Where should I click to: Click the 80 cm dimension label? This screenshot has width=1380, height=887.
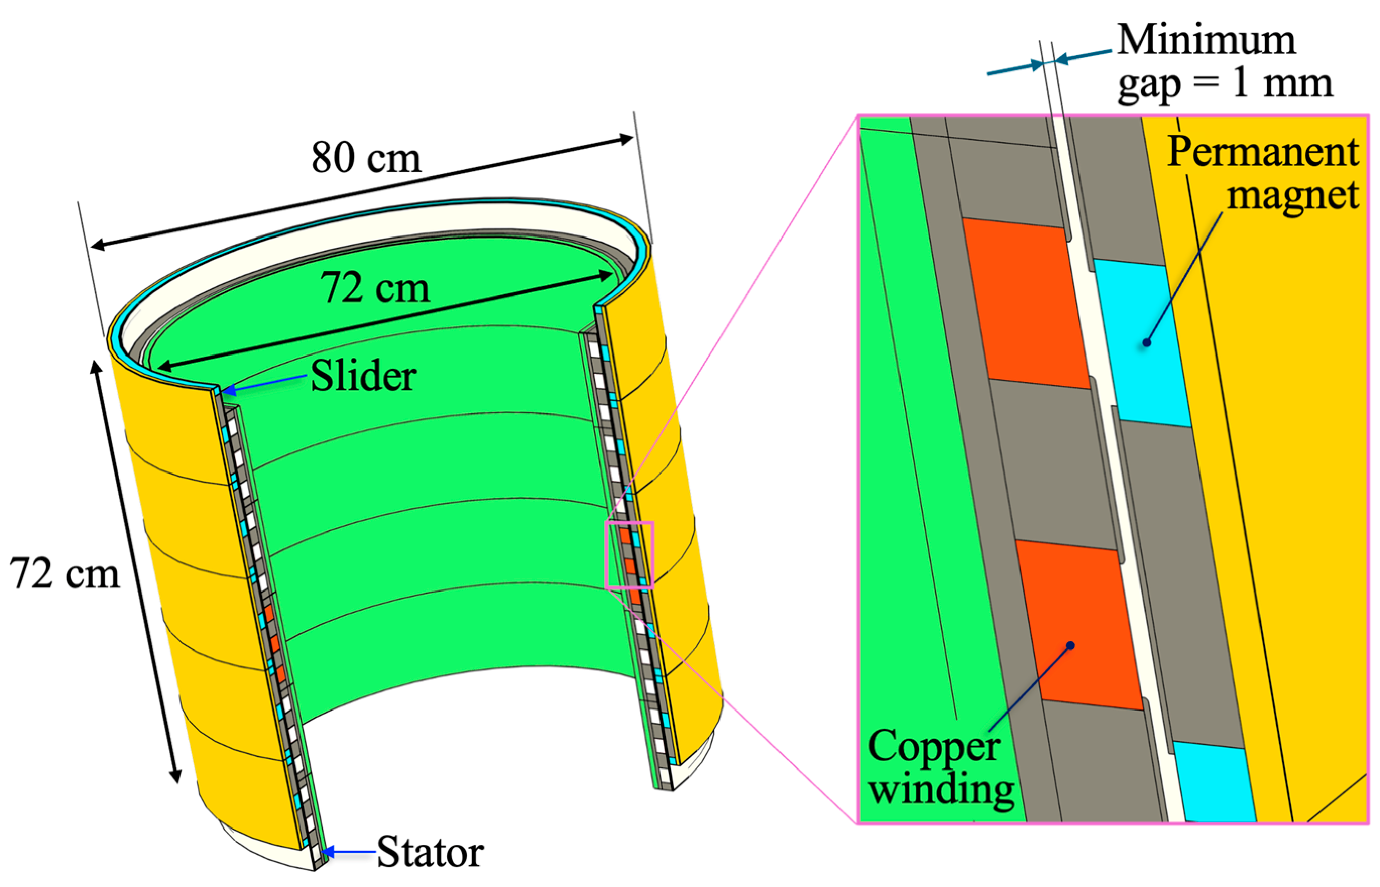click(x=366, y=157)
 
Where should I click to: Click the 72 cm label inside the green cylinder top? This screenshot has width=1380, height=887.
click(x=375, y=287)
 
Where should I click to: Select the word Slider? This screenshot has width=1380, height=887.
click(x=364, y=376)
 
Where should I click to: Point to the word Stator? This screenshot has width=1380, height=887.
click(x=430, y=851)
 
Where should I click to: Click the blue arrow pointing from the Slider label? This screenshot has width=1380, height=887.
click(x=264, y=384)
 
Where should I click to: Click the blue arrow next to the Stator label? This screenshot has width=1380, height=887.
click(x=350, y=851)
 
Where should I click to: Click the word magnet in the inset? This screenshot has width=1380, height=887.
click(x=1293, y=196)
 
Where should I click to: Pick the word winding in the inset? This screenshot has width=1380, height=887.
click(x=941, y=790)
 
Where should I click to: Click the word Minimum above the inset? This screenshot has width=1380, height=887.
click(x=1207, y=40)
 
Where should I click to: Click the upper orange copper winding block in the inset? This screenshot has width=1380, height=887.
click(x=1026, y=304)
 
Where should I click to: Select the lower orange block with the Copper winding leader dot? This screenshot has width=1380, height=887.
click(x=1079, y=625)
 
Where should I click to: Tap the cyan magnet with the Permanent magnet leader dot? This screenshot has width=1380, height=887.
click(x=1142, y=343)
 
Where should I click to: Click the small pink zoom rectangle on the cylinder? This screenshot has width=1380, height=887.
click(x=630, y=555)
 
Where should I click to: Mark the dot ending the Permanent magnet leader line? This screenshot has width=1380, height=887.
click(x=1146, y=343)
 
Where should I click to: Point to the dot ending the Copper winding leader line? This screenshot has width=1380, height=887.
click(x=1070, y=645)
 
